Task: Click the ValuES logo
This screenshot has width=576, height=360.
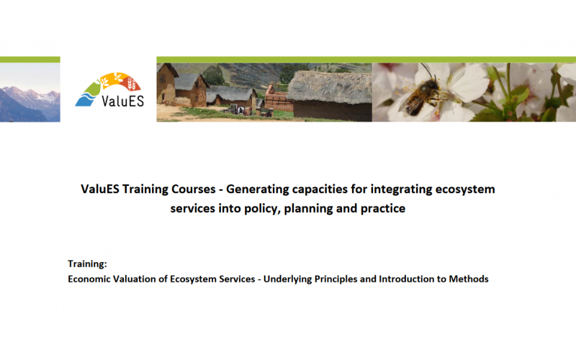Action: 109,89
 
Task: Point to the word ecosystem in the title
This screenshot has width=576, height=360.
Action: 465,189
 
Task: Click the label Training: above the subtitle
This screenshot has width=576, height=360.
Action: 87,264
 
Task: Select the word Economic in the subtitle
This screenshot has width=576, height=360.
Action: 89,279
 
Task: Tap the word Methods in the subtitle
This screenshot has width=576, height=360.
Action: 469,279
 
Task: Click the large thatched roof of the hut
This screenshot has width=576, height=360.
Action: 330,86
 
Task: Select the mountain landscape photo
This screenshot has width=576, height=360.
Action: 30,92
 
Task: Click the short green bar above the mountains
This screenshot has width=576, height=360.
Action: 30,60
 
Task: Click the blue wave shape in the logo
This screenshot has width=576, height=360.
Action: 85,100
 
